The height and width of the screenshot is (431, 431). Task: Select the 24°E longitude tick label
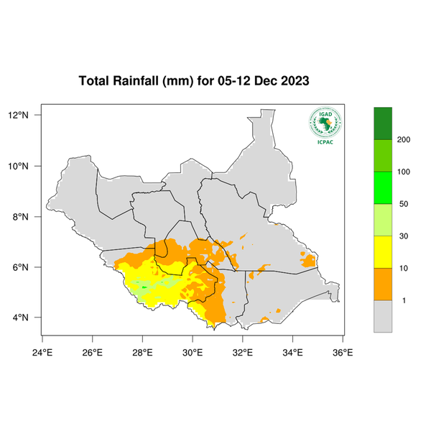pos(42,352)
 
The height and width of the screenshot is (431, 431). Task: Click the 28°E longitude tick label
pos(142,352)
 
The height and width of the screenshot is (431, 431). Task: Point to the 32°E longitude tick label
pos(243,352)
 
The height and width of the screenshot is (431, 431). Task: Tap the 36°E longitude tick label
pos(343,352)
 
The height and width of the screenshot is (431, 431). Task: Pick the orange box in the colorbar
pos(383,284)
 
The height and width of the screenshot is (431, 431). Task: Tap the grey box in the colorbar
pos(383,316)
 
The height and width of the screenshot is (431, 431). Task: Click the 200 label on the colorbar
pos(404,139)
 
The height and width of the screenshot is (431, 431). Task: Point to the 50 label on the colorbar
pos(404,204)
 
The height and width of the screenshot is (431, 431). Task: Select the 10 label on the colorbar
pos(404,268)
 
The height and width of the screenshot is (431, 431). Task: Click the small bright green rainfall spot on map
pos(144,287)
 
